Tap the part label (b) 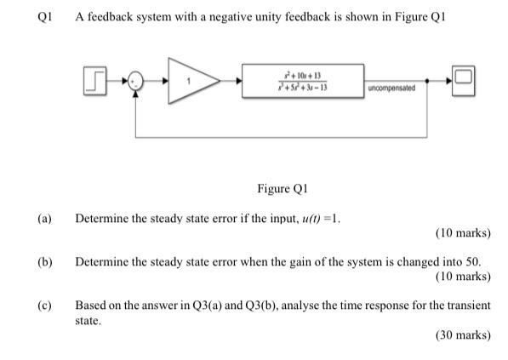click(43, 261)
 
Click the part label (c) click(43, 305)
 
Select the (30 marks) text click(462, 335)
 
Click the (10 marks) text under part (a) click(462, 232)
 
